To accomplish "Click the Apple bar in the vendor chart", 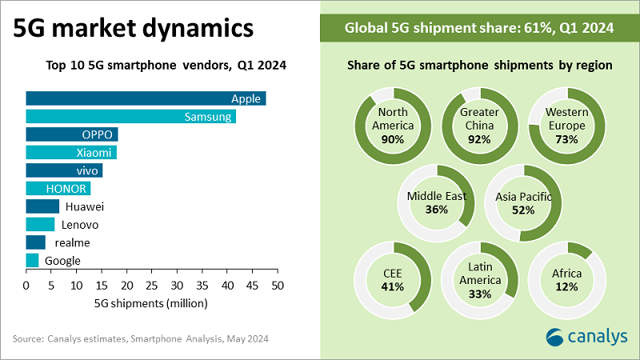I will (x=146, y=98).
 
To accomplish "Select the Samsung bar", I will (x=130, y=117).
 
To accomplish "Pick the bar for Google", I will (x=32, y=260).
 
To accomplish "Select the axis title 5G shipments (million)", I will (x=151, y=303).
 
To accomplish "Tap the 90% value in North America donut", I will (x=393, y=139).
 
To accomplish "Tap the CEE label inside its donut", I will (x=393, y=274).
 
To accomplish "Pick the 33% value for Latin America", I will (x=480, y=294).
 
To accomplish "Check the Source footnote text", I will (x=141, y=339).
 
